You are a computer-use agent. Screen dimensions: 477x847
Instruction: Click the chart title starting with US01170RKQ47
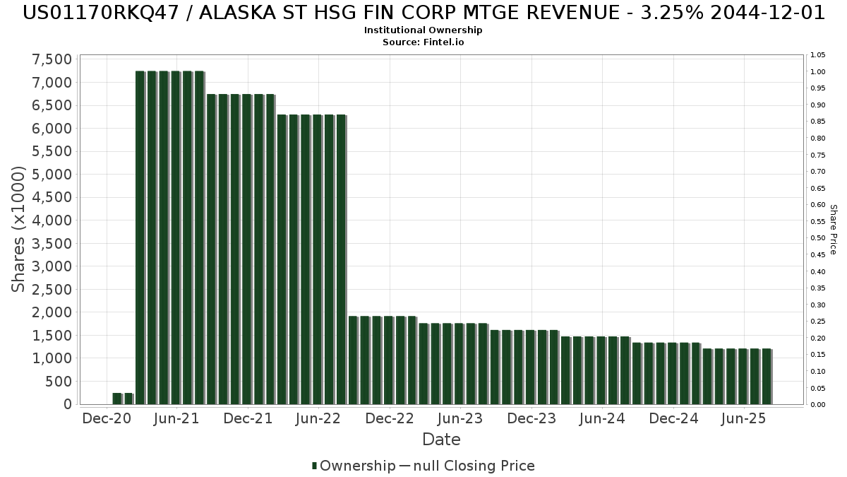pos(423,13)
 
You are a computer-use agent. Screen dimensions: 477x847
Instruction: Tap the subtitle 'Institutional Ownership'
pos(423,30)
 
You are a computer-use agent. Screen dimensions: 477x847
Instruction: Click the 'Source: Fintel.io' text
pos(423,42)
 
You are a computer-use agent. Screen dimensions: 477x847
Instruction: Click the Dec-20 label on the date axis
pos(107,418)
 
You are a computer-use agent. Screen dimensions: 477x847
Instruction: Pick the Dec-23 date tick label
pos(532,418)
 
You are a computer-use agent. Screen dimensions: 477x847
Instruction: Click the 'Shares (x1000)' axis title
pos(18,229)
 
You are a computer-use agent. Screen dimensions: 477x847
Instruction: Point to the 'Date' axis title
pos(441,440)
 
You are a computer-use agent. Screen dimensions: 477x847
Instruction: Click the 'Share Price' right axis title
pos(833,229)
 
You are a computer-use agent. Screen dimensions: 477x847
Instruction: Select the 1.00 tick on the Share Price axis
pos(818,72)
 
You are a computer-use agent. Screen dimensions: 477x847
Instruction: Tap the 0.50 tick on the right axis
pos(818,238)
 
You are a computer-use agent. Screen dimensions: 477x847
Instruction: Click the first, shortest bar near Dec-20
pos(117,399)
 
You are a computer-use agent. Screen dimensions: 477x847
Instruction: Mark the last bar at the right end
pos(767,376)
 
